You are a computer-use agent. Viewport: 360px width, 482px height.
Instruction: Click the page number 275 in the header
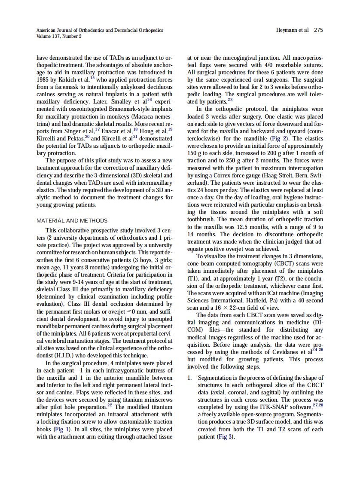click(318, 30)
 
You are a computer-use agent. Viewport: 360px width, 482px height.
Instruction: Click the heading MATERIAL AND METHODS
click(72, 221)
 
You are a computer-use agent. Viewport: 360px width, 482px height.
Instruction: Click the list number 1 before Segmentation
click(189, 378)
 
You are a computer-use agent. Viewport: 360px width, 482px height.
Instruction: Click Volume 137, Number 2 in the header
click(59, 37)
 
